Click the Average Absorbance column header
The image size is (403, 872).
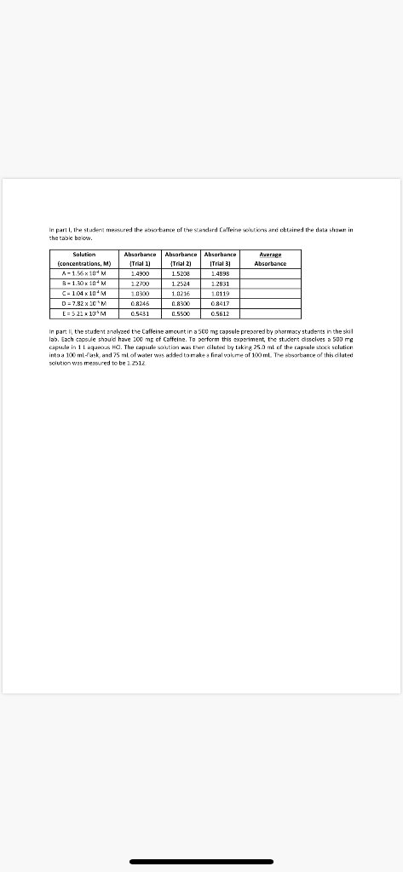(x=269, y=259)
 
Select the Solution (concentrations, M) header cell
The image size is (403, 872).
(x=83, y=259)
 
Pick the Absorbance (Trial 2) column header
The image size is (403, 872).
(x=181, y=259)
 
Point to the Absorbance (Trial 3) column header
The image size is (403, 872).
(x=221, y=259)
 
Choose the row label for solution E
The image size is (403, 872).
(x=83, y=312)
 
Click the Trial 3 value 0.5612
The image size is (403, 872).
(x=221, y=312)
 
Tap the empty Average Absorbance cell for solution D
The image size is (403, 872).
(x=269, y=302)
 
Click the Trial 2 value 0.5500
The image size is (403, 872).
(x=181, y=312)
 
